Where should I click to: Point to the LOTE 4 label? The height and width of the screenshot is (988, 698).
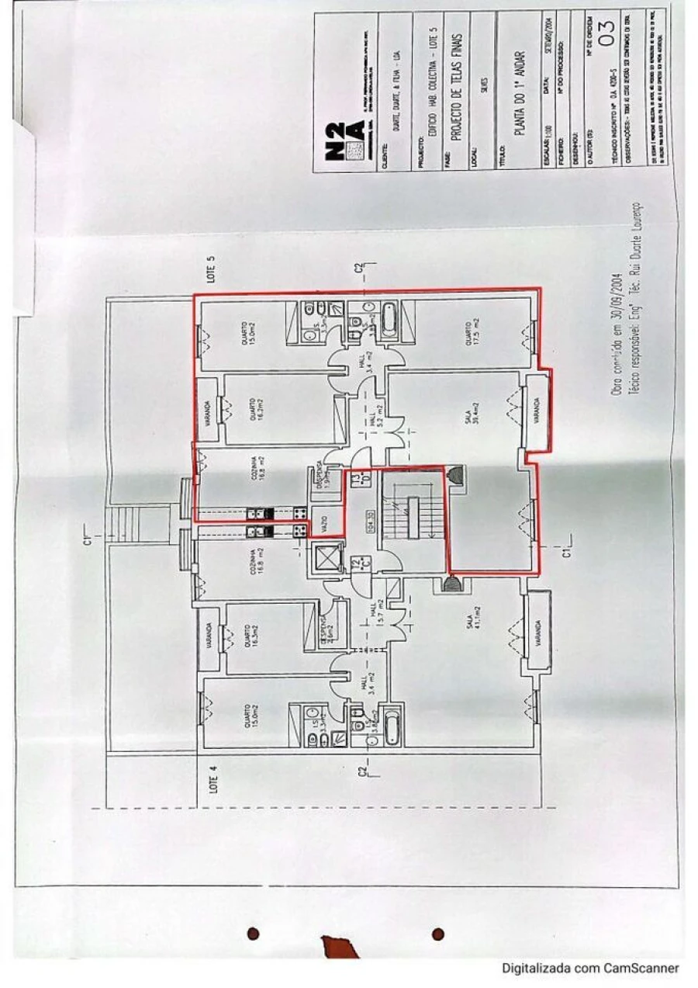click(214, 778)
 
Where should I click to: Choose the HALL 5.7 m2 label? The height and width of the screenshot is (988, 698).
click(378, 619)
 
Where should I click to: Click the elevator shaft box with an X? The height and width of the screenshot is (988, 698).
click(327, 558)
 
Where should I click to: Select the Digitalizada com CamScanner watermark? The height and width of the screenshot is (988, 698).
click(590, 968)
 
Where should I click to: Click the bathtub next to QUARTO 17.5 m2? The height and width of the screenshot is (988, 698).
click(389, 320)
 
